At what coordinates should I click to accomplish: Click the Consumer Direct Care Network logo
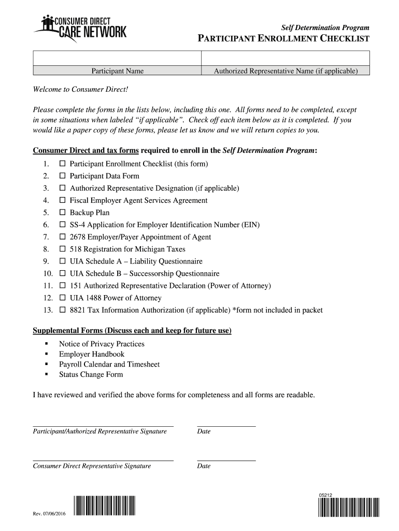pyautogui.click(x=80, y=27)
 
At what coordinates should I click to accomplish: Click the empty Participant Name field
pyautogui.click(x=117, y=58)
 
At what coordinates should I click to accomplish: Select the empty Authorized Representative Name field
pyautogui.click(x=285, y=58)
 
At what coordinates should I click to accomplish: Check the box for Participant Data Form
pyautogui.click(x=62, y=176)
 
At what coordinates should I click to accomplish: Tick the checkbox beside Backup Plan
pyautogui.click(x=62, y=213)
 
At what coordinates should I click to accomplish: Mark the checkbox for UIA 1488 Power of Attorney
pyautogui.click(x=62, y=298)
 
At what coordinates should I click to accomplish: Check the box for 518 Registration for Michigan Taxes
pyautogui.click(x=62, y=249)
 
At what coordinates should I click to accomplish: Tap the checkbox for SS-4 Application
pyautogui.click(x=62, y=225)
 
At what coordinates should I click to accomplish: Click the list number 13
pyautogui.click(x=48, y=311)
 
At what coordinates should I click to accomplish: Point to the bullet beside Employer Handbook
pyautogui.click(x=47, y=354)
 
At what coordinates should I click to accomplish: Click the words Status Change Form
pyautogui.click(x=91, y=374)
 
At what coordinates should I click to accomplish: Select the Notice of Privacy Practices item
pyautogui.click(x=102, y=344)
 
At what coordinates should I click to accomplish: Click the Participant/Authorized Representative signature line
pyautogui.click(x=103, y=425)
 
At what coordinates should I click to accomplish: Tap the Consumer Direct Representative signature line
pyautogui.click(x=103, y=460)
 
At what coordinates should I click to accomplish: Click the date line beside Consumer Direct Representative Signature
pyautogui.click(x=226, y=460)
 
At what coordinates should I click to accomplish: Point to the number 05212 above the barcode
pyautogui.click(x=325, y=495)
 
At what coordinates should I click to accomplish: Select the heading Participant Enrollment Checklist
pyautogui.click(x=284, y=39)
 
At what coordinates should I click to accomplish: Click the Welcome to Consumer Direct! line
pyautogui.click(x=80, y=90)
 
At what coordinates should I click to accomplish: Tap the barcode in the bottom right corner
pyautogui.click(x=349, y=508)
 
